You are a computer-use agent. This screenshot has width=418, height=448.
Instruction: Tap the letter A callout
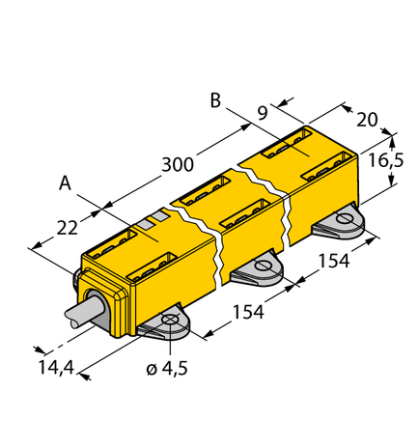(65, 182)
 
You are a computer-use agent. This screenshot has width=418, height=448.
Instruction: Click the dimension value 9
(263, 113)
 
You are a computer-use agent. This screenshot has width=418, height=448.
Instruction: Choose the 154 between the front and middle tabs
(249, 314)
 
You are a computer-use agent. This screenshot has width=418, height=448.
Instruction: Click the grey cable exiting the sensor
(86, 316)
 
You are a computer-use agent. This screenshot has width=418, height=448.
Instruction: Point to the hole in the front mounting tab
(170, 321)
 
